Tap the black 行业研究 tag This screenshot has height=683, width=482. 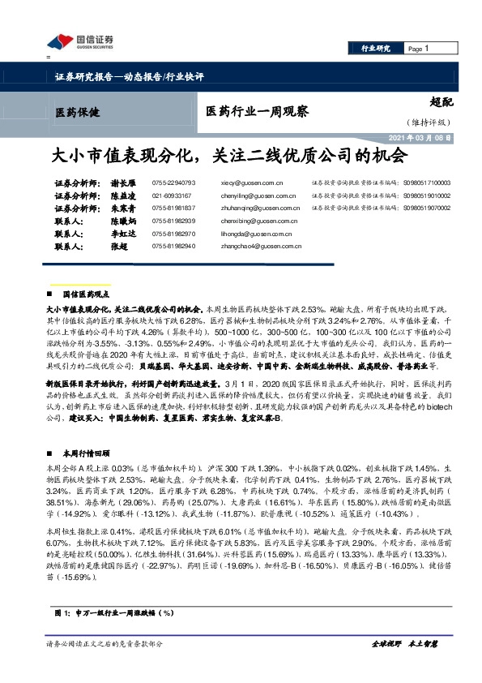pyautogui.click(x=375, y=49)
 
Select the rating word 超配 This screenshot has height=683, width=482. pyautogui.click(x=441, y=103)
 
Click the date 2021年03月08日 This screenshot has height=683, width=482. pyautogui.click(x=422, y=138)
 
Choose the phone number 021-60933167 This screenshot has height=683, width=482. pyautogui.click(x=173, y=196)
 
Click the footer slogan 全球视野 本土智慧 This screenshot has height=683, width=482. pyautogui.click(x=404, y=643)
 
